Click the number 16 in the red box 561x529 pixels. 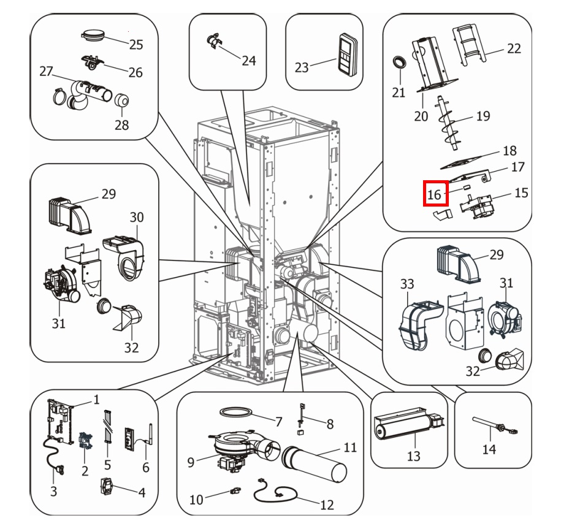[x=434, y=195]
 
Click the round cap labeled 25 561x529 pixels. [x=94, y=34]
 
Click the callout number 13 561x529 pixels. [x=414, y=455]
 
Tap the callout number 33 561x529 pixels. [x=407, y=284]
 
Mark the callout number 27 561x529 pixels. [x=47, y=72]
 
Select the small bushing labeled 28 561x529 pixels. [x=122, y=99]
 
